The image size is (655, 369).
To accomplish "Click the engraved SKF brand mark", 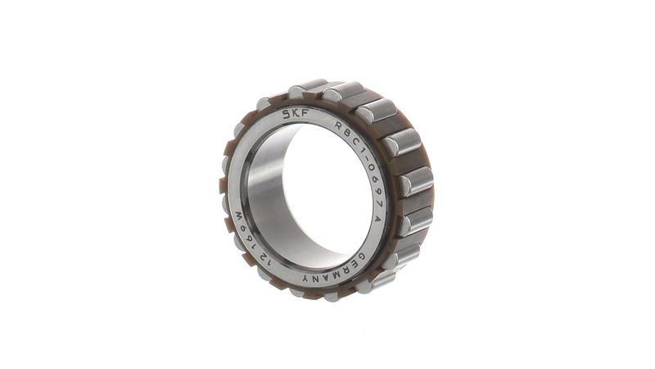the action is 296,113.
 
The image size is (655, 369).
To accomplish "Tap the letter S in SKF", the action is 287,114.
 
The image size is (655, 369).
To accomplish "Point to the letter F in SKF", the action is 305,112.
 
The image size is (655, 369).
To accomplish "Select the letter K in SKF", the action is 296,113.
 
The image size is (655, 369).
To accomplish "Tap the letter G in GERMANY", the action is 362,257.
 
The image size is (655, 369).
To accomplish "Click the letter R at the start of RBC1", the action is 338,125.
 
